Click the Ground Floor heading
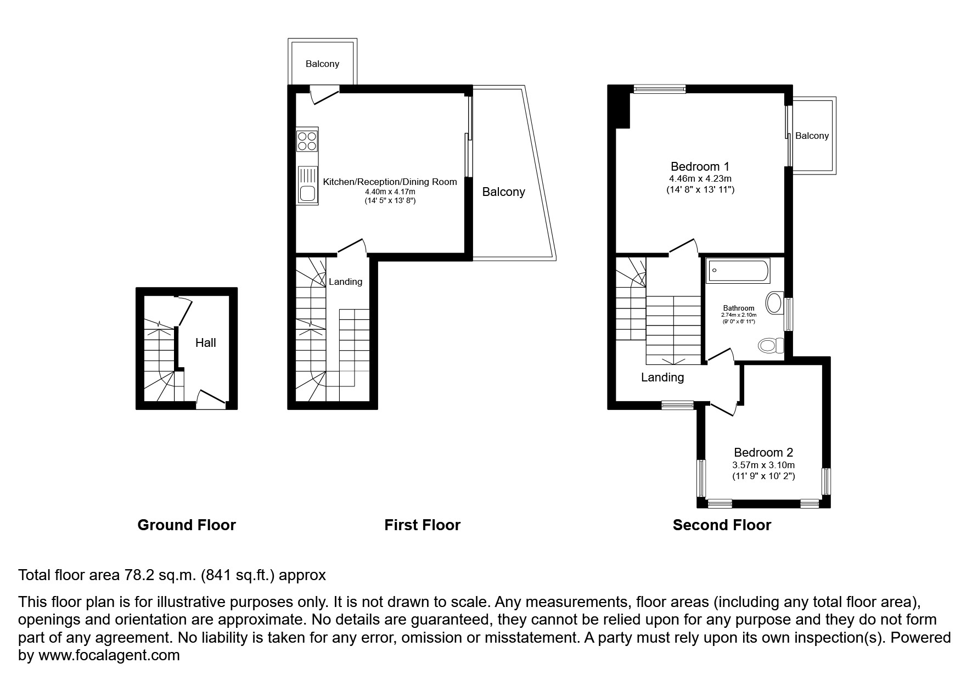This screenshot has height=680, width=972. [x=187, y=525]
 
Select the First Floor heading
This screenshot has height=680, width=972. [x=422, y=525]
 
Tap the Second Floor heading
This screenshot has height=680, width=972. [x=722, y=525]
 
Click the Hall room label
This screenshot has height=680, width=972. [x=206, y=343]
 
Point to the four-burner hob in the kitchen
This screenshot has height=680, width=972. [x=307, y=139]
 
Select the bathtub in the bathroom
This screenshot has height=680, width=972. [x=738, y=271]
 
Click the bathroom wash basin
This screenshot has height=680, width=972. [x=774, y=303]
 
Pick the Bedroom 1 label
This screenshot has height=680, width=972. [x=700, y=166]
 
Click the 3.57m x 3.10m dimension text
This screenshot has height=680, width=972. [x=763, y=465]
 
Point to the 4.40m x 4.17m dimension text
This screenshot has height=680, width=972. [x=390, y=192]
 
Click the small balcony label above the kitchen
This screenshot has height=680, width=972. [x=322, y=64]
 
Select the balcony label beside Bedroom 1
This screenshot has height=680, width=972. [x=812, y=136]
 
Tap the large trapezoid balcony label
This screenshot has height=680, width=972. [x=503, y=192]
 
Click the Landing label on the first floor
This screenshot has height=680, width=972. [x=345, y=282]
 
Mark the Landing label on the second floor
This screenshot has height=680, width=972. [x=662, y=378]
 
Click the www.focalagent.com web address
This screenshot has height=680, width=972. [x=108, y=655]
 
